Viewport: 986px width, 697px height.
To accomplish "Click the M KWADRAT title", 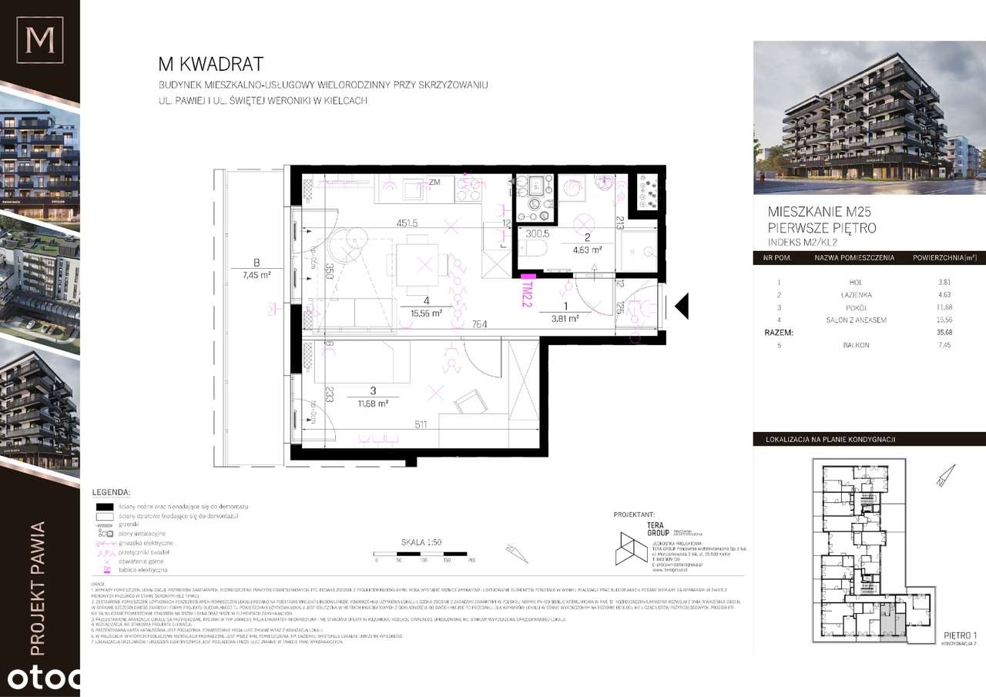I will point(210,63).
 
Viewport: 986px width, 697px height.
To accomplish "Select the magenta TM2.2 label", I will point(527,294).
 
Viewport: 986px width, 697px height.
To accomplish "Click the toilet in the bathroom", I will point(533,249).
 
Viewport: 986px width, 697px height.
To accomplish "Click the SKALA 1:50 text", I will point(420,542).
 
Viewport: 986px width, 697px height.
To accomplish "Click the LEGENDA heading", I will point(110,491).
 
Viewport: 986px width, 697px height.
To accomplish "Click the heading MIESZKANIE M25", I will point(820,212).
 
